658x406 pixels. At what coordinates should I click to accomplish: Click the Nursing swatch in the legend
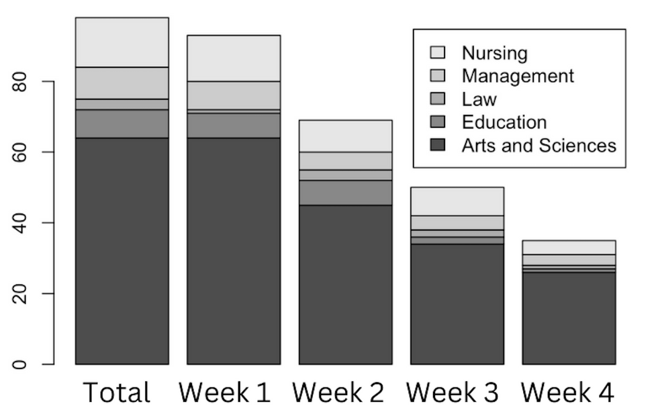(x=438, y=52)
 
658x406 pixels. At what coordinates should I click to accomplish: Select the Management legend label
(x=518, y=76)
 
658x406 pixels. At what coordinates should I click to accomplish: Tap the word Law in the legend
(x=479, y=99)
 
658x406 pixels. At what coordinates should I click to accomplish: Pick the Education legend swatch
(x=438, y=121)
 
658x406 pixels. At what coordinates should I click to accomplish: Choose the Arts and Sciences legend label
(x=538, y=146)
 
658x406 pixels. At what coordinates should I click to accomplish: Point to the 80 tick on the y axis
(x=19, y=81)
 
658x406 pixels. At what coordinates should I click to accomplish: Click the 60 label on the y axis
(x=19, y=152)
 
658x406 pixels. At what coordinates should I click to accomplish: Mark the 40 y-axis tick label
(x=19, y=223)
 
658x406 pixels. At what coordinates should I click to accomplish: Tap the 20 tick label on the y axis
(x=19, y=294)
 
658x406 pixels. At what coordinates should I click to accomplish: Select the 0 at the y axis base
(x=19, y=364)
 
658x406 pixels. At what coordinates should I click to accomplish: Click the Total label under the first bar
(x=117, y=393)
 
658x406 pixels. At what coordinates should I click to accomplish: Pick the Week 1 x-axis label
(x=224, y=393)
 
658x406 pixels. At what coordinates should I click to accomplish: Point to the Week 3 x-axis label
(x=453, y=393)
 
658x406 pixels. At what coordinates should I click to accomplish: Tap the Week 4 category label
(x=567, y=393)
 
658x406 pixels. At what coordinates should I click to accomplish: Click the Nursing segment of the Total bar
(x=122, y=42)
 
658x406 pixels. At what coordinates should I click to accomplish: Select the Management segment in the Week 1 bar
(x=234, y=95)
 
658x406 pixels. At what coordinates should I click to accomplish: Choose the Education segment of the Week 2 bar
(x=345, y=193)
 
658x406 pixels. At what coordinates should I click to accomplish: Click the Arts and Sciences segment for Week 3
(x=457, y=304)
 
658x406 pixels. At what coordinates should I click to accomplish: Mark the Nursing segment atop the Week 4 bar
(x=569, y=248)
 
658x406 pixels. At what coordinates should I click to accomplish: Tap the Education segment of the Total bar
(x=122, y=123)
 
